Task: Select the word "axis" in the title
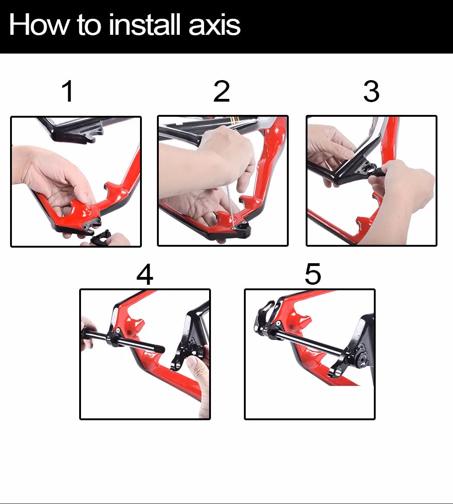214,25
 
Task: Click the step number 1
68,91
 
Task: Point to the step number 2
221,91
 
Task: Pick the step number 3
371,91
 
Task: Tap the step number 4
145,274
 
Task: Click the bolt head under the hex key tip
234,228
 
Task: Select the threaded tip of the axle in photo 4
160,349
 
